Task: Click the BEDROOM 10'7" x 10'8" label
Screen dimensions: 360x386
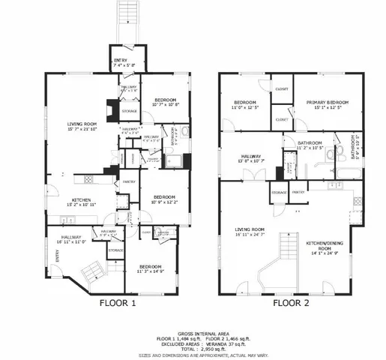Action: point(165,103)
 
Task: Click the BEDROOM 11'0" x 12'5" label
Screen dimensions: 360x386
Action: point(245,104)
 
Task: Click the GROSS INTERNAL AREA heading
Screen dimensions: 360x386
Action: point(193,331)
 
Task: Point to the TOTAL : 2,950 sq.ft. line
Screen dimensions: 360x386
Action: point(193,349)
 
